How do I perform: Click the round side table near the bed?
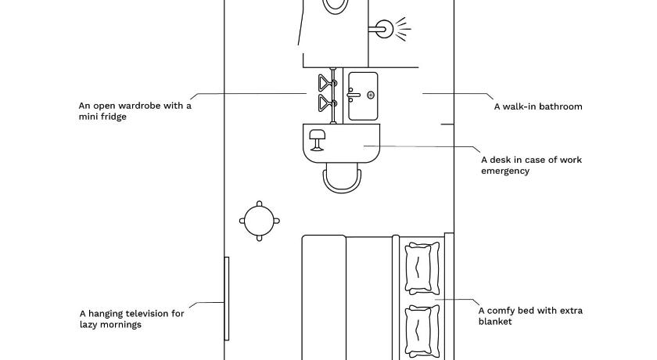(260, 221)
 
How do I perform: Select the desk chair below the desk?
(342, 178)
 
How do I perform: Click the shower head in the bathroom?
(383, 29)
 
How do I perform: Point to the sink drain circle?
(371, 95)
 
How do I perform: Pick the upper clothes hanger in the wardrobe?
(327, 82)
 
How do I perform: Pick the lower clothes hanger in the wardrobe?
(327, 103)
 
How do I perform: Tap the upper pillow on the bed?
(422, 268)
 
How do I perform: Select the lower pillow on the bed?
(422, 331)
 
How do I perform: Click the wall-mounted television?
(227, 299)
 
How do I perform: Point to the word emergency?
(505, 171)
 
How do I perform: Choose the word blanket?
(495, 322)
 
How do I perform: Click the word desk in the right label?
(499, 160)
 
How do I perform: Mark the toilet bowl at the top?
(336, 5)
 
